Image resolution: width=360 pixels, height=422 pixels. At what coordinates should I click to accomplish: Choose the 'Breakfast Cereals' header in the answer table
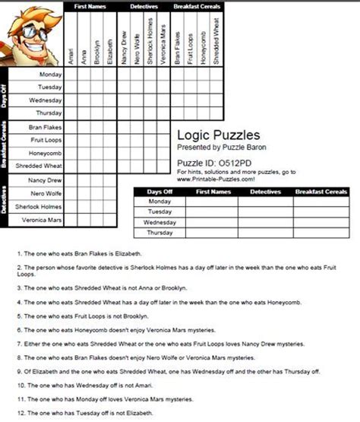pyautogui.click(x=321, y=192)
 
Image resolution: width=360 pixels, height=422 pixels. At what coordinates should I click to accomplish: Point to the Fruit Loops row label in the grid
pyautogui.click(x=47, y=140)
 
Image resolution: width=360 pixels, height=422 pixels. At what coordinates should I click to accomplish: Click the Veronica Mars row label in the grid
pyautogui.click(x=42, y=220)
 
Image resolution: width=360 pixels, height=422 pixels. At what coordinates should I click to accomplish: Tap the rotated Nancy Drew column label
pyautogui.click(x=122, y=49)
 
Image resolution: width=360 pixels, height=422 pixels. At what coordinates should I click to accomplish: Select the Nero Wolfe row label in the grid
pyautogui.click(x=46, y=193)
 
